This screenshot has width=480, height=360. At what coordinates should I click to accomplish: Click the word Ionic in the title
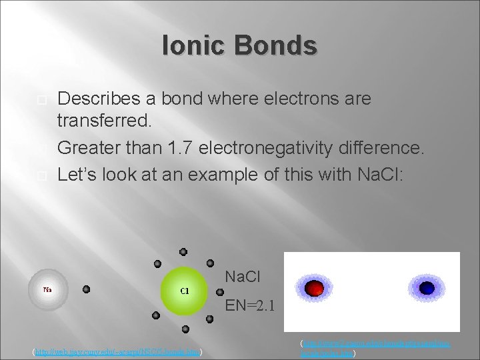193,46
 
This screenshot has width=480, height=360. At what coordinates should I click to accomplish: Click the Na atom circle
48,291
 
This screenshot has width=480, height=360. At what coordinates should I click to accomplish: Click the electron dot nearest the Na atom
86,290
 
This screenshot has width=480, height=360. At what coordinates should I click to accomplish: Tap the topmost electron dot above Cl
183,252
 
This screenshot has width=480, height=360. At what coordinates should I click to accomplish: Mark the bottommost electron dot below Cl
185,329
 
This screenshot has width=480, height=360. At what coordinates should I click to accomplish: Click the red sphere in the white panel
314,287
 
